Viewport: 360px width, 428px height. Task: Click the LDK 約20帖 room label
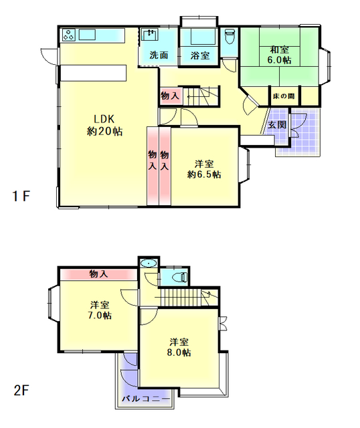(x=104, y=125)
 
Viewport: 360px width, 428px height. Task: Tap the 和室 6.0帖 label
(x=279, y=55)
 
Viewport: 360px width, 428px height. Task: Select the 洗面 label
(x=159, y=55)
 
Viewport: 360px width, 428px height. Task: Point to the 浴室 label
(x=200, y=56)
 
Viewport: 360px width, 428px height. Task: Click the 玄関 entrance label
(x=277, y=125)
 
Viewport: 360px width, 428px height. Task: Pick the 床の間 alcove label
(x=284, y=96)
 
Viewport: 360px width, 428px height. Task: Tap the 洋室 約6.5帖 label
(x=204, y=169)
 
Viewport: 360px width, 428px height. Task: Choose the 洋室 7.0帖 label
(x=100, y=310)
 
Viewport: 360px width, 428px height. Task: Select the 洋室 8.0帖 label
(x=179, y=347)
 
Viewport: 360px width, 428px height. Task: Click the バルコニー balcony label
(x=146, y=399)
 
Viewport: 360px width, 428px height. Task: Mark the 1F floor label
(x=21, y=196)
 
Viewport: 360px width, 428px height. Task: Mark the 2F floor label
(x=21, y=391)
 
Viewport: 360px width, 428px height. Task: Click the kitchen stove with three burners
(x=68, y=35)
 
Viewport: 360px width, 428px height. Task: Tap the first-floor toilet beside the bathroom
(x=230, y=36)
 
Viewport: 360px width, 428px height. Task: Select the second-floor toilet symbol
(x=180, y=278)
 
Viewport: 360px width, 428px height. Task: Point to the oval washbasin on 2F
(x=149, y=263)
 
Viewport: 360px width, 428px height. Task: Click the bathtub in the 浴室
(x=203, y=36)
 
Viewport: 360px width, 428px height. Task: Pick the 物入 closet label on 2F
(x=98, y=274)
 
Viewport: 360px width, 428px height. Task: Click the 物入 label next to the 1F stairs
(x=170, y=96)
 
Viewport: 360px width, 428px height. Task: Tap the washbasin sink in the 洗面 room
(x=150, y=35)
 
